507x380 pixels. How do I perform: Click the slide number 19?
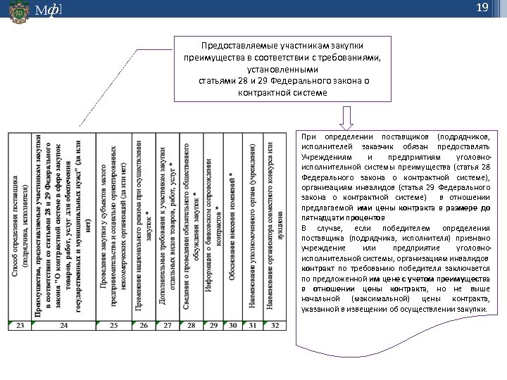pos(482,8)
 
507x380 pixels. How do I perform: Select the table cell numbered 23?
pos(20,325)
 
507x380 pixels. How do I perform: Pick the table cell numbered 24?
pos(64,325)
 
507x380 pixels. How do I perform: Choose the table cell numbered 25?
pos(114,325)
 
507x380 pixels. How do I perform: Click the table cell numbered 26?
pos(144,325)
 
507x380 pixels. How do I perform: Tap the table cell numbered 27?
pos(168,325)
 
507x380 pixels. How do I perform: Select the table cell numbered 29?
pos(213,325)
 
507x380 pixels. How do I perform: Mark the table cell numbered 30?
pos(232,325)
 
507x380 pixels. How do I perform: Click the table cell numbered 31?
pos(254,325)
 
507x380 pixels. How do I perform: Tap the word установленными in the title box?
pos(282,69)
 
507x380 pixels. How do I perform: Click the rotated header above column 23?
pos(20,225)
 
